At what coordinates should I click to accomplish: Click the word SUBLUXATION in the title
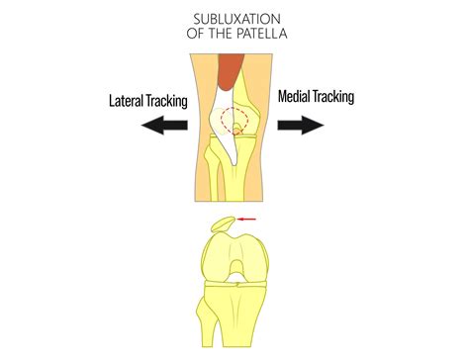coord(234,18)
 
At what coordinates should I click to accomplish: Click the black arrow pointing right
coord(301,125)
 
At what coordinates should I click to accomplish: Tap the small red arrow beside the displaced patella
coord(246,219)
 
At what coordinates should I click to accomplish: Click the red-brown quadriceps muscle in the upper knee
coord(230,70)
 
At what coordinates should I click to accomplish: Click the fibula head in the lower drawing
coord(210,297)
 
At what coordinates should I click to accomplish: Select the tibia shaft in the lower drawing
coord(237,326)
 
